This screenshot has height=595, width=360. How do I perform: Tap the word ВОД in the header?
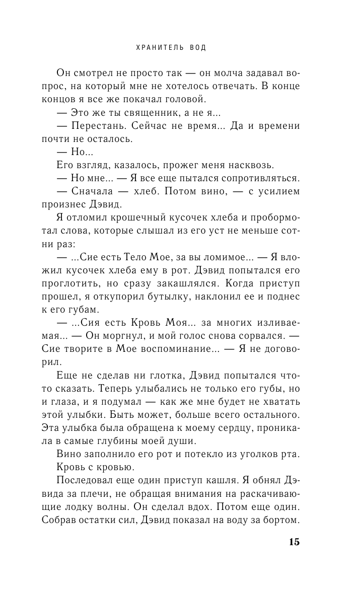pyautogui.click(x=197, y=48)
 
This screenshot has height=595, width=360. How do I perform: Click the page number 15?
pyautogui.click(x=294, y=542)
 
